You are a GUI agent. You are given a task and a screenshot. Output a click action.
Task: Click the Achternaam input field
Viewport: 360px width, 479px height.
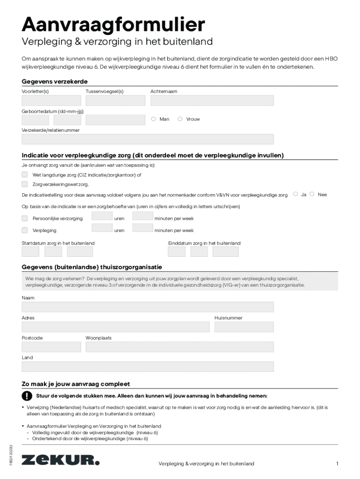click(x=212, y=101)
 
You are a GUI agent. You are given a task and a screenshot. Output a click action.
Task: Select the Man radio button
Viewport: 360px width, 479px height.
click(x=153, y=119)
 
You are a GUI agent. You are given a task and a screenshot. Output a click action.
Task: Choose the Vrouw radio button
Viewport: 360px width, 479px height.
click(x=180, y=119)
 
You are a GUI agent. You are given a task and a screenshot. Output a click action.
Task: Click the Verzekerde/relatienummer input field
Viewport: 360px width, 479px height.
click(x=147, y=139)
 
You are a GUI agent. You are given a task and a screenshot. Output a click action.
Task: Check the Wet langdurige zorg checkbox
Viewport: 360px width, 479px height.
click(x=25, y=174)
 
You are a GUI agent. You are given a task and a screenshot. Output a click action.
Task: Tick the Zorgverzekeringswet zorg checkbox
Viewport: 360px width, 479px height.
click(x=25, y=184)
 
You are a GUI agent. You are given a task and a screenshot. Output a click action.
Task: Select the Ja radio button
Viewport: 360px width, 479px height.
click(x=295, y=194)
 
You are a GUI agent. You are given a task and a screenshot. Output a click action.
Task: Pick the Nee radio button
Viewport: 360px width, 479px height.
click(x=312, y=194)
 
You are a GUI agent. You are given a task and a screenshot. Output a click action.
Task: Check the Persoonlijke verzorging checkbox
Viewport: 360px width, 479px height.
click(x=25, y=218)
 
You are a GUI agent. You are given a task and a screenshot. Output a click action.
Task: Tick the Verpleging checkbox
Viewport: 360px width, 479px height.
click(x=25, y=230)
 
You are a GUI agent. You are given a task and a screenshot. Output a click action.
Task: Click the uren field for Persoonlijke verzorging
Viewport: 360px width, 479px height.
click(x=102, y=216)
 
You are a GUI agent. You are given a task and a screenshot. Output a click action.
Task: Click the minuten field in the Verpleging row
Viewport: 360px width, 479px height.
click(x=143, y=228)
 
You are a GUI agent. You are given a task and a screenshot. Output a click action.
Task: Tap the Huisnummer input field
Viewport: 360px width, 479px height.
click(x=244, y=327)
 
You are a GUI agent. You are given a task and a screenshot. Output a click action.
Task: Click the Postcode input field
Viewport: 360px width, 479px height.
click(x=51, y=347)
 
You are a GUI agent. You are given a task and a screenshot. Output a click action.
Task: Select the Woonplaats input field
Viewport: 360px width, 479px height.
click(x=180, y=347)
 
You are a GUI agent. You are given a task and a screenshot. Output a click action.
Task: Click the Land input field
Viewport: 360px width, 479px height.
click(x=147, y=367)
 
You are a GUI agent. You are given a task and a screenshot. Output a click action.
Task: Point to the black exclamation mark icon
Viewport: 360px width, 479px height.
click(x=27, y=396)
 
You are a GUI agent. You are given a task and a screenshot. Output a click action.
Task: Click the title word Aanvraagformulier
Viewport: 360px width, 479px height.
click(x=113, y=24)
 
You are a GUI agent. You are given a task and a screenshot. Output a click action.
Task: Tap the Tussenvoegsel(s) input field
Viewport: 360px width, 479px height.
click(x=115, y=101)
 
